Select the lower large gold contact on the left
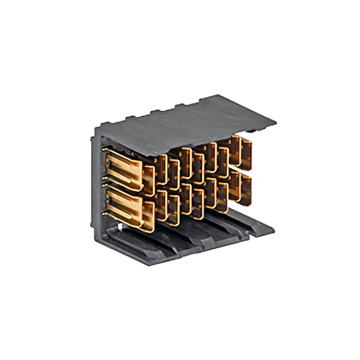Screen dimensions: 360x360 pyautogui.click(x=127, y=206)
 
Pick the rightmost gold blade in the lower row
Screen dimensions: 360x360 pyautogui.click(x=245, y=186)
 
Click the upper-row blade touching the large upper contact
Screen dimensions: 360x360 pyautogui.click(x=149, y=179)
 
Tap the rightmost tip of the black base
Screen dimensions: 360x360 pyautogui.click(x=274, y=228)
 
